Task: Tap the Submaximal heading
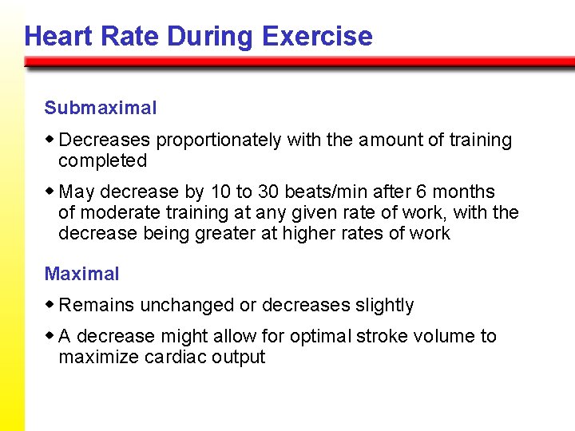(x=101, y=108)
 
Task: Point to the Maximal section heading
(x=81, y=274)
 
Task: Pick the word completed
(x=102, y=160)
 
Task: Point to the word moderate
(x=117, y=212)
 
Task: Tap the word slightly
(x=384, y=305)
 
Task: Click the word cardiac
(x=176, y=357)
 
